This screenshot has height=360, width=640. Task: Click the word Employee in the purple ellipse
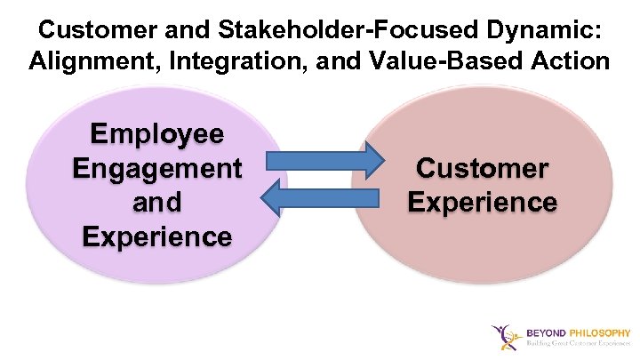pos(157,134)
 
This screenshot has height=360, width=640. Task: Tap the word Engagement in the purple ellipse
pos(157,168)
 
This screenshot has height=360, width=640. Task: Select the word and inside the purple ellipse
pos(157,202)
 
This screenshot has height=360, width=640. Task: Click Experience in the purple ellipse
pos(157,236)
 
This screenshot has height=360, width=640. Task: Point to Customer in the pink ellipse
pos(483,168)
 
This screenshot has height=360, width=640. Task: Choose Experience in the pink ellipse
pos(483,202)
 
